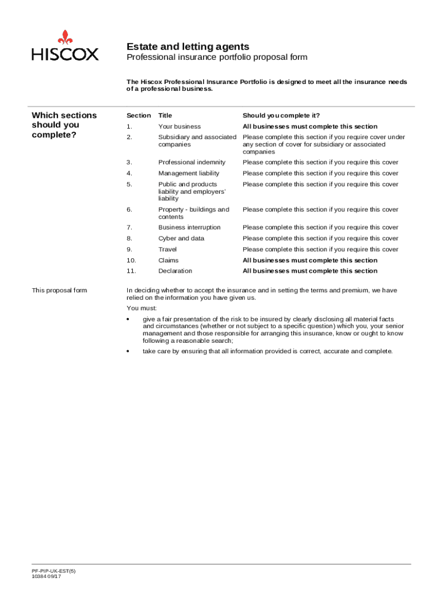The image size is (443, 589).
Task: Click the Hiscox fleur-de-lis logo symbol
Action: tap(65, 37)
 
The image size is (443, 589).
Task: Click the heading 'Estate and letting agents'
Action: tap(188, 47)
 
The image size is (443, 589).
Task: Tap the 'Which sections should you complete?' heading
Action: tap(64, 125)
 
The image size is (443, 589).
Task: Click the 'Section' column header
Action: tap(139, 116)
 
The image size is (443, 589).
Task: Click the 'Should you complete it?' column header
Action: tap(281, 116)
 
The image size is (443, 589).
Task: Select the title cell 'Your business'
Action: tap(180, 127)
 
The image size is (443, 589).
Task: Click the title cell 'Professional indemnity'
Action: tap(192, 163)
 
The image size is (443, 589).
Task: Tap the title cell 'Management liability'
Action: tap(189, 174)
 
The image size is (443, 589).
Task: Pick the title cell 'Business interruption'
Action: tap(189, 228)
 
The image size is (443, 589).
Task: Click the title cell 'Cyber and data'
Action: tap(181, 239)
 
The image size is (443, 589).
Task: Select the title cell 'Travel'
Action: tap(167, 250)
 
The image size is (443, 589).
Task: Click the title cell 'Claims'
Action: tap(169, 261)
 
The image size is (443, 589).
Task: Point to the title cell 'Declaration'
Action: tap(175, 271)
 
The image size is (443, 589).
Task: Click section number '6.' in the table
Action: tap(129, 210)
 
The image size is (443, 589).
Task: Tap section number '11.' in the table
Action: tap(131, 271)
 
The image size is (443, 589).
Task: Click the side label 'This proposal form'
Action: tap(59, 290)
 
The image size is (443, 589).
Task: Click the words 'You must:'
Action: tap(140, 309)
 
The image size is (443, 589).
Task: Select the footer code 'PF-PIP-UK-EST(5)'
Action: tap(54, 571)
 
